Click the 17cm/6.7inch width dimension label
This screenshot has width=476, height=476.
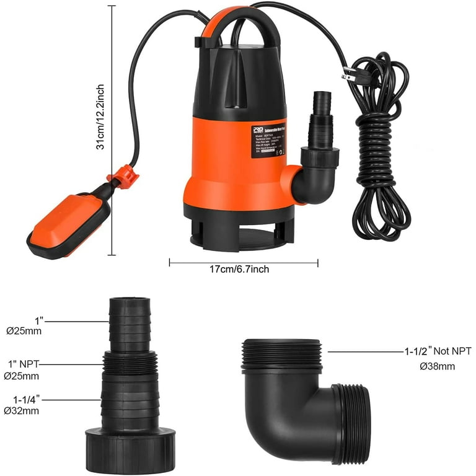tap(242, 269)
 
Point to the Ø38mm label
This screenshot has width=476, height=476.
tap(438, 366)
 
